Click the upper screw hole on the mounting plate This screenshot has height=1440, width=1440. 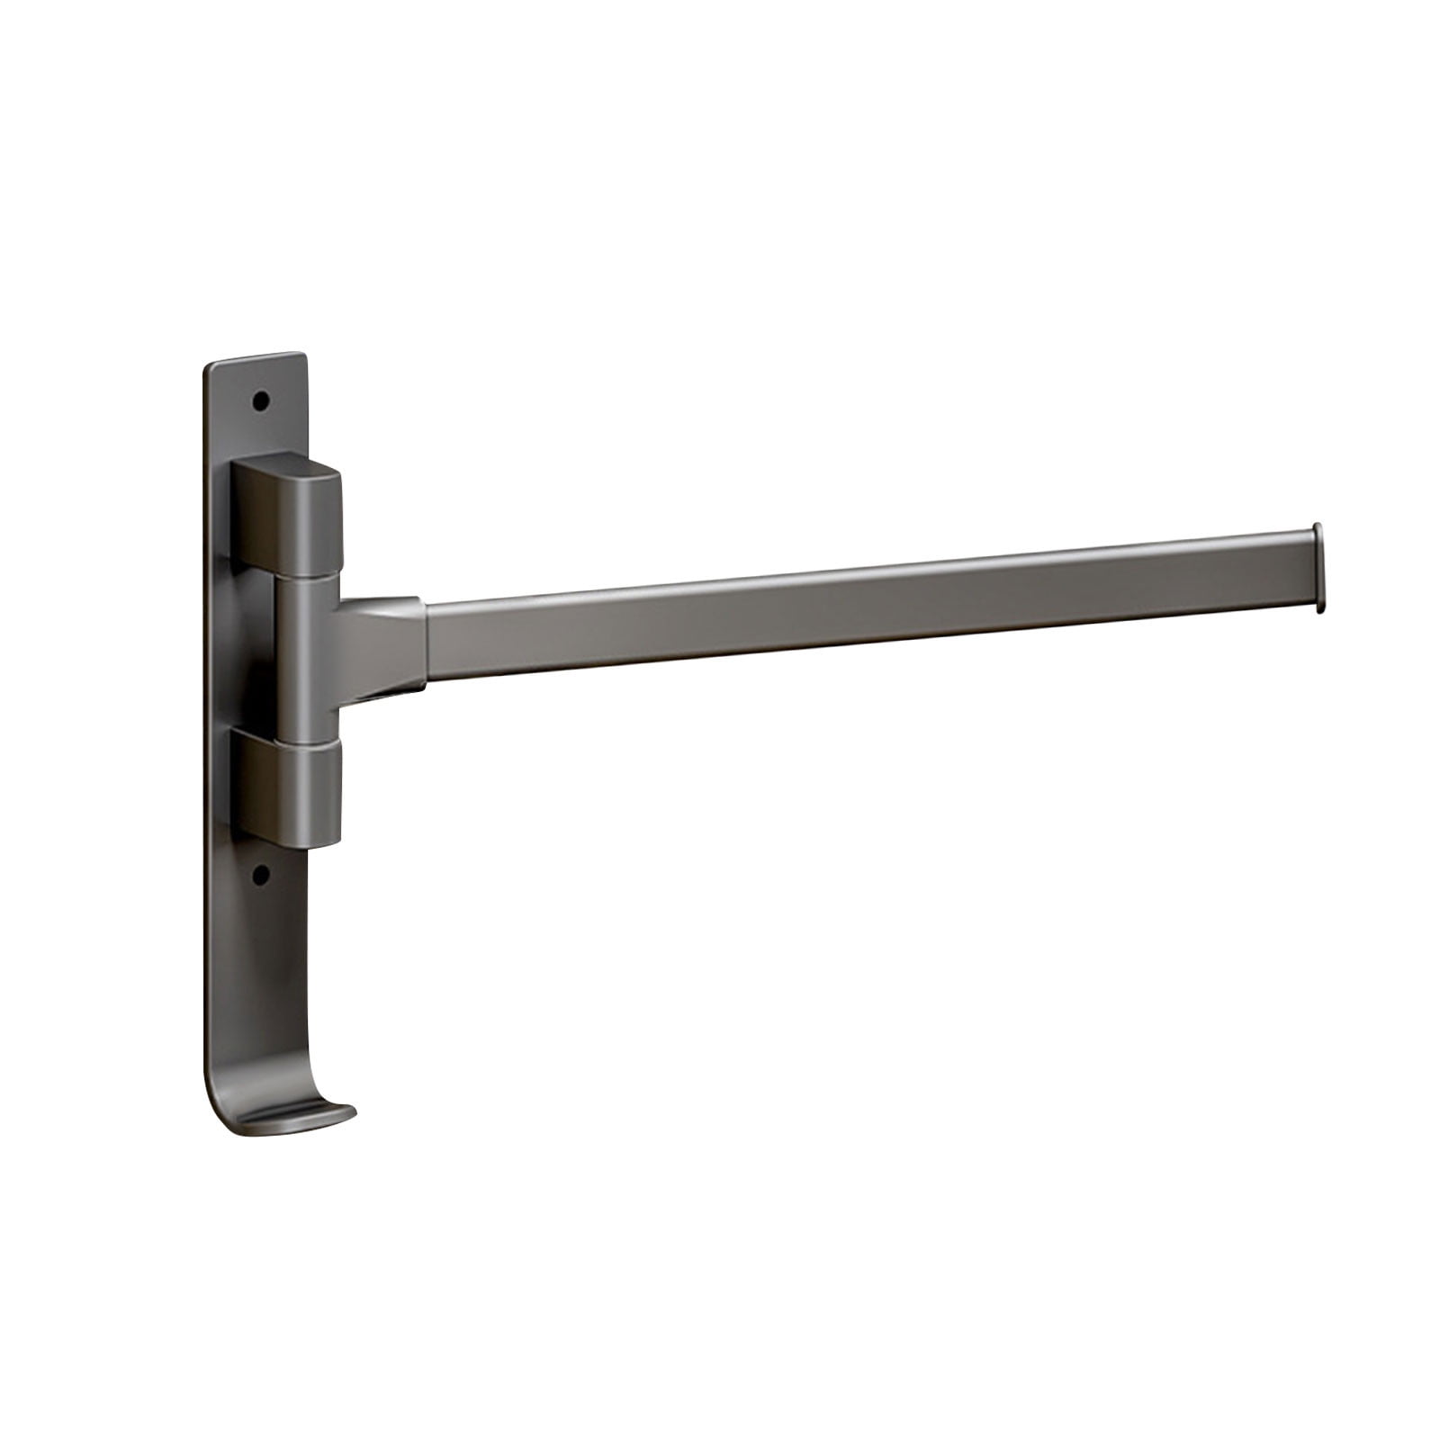pos(262,400)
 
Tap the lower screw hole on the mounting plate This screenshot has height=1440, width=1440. pos(262,873)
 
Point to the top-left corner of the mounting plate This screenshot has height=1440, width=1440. pos(210,366)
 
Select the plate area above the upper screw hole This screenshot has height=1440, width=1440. pos(261,376)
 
